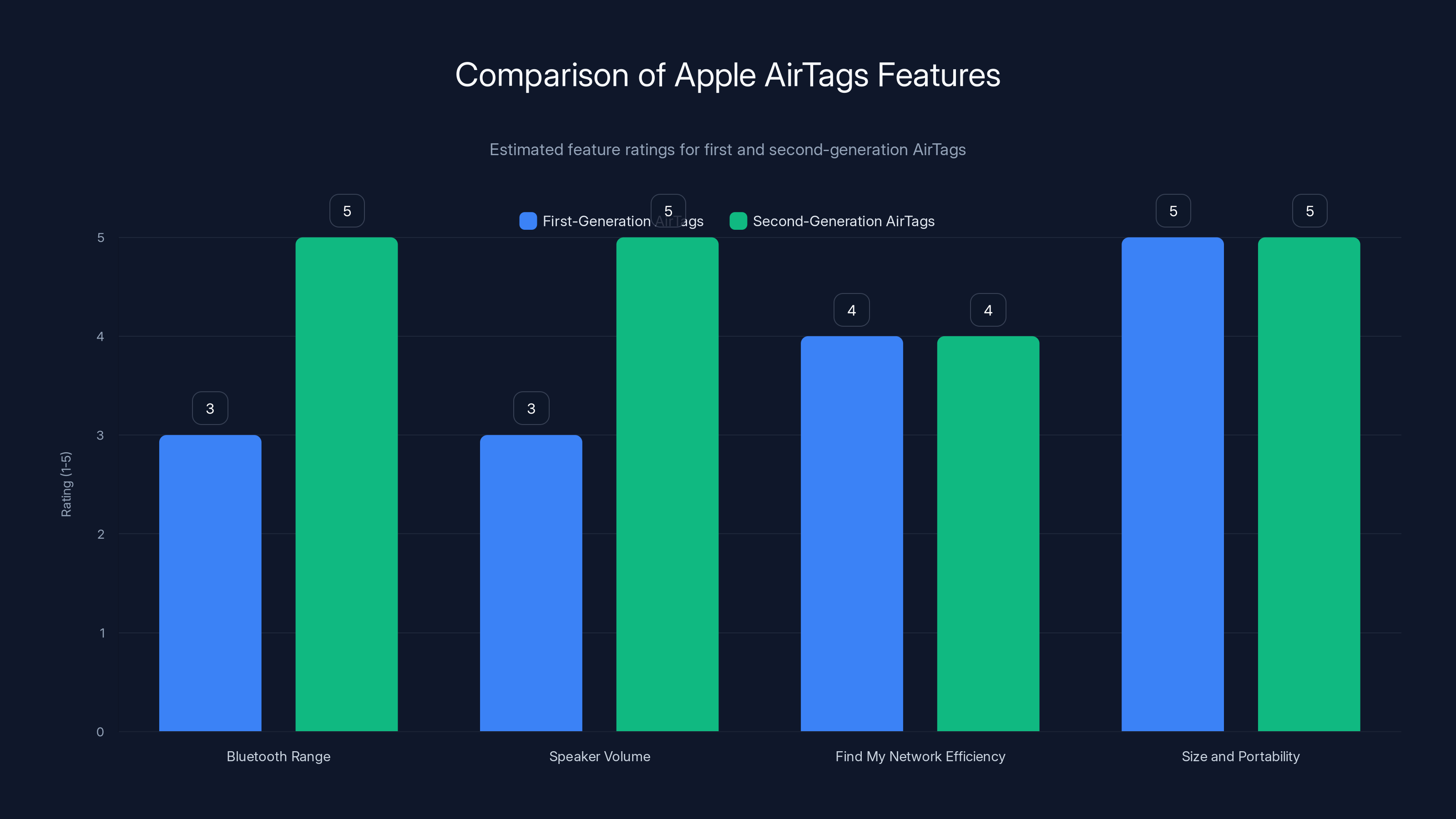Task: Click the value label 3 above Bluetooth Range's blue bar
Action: (x=210, y=408)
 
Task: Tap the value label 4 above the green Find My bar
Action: (x=988, y=310)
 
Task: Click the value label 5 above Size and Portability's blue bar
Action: (x=1173, y=211)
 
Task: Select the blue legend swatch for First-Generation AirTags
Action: (x=528, y=221)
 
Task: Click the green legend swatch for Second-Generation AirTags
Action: (x=738, y=221)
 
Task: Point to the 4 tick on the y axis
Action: (x=101, y=336)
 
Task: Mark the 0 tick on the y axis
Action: (x=101, y=732)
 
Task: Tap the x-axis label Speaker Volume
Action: (x=600, y=756)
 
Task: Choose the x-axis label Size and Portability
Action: (x=1241, y=756)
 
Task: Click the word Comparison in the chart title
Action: (x=541, y=75)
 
